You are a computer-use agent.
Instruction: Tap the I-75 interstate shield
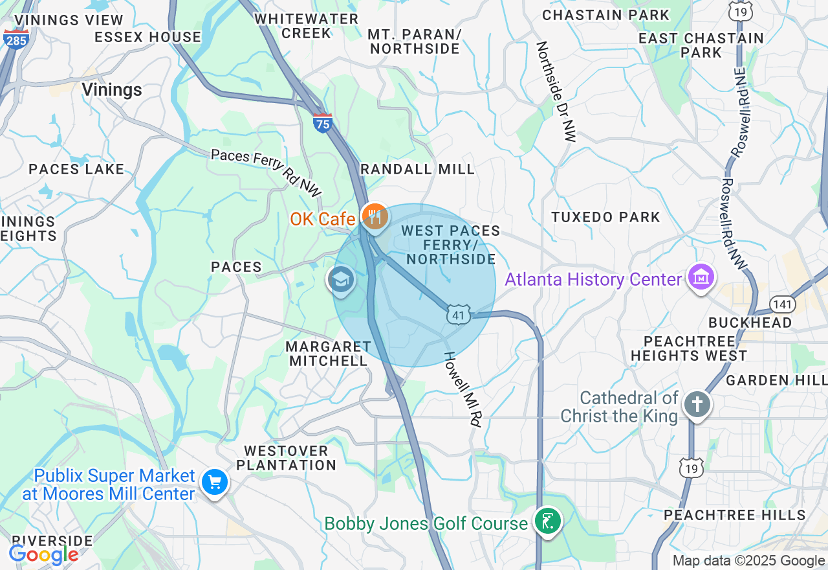pos(323,122)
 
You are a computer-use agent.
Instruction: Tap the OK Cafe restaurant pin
pos(375,218)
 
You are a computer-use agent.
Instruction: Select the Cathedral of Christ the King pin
pos(697,405)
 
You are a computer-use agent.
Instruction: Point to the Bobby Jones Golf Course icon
pos(548,521)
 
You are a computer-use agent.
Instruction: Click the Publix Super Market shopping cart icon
pos(214,483)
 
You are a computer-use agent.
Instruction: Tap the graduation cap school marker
pos(340,280)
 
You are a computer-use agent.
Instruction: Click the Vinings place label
pos(112,90)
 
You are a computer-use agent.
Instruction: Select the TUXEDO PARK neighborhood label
pos(605,217)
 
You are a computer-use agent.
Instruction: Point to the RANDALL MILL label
pos(417,169)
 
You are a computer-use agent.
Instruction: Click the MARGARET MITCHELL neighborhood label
pos(328,354)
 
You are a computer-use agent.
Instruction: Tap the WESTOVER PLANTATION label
pos(286,457)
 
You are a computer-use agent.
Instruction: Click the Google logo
pos(43,554)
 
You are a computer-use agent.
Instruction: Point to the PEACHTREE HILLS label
pos(735,515)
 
